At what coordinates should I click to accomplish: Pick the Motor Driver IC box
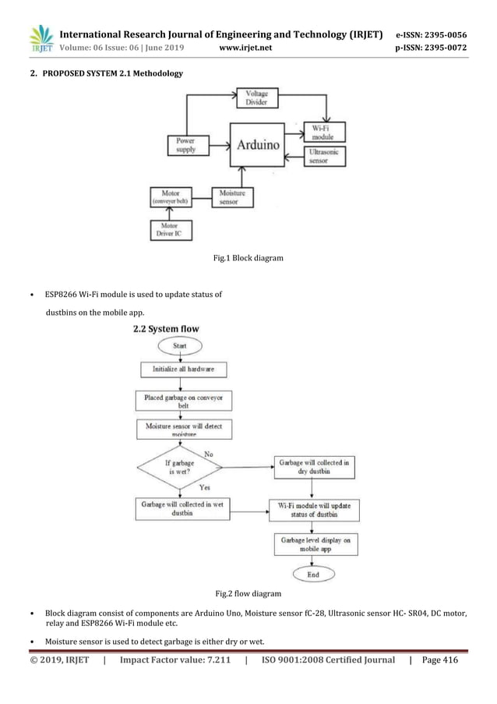[171, 230]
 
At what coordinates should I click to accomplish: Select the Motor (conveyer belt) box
[171, 196]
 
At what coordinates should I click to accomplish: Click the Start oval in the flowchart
[180, 345]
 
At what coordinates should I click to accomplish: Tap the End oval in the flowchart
[312, 575]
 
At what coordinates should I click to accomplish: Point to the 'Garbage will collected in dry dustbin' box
[313, 466]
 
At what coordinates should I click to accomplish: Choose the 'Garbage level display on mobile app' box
[313, 543]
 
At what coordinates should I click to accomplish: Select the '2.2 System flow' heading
[166, 329]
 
